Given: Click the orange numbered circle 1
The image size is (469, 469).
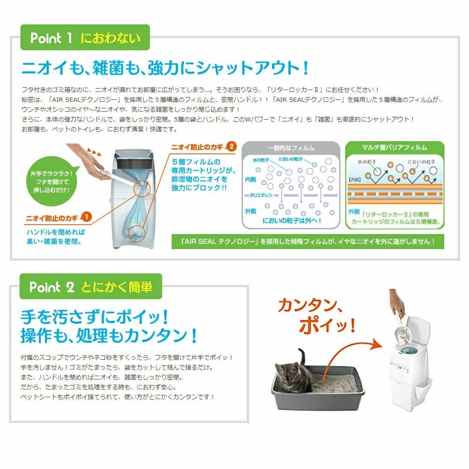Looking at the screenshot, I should click(86, 217).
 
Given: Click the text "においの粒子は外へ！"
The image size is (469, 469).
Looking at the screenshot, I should click(291, 220).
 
